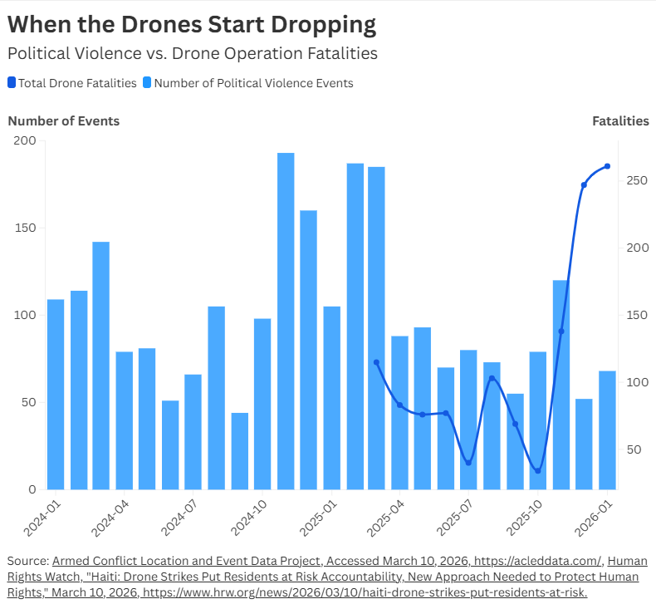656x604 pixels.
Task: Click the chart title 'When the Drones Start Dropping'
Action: [x=192, y=25]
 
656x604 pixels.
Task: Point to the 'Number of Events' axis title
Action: [x=64, y=121]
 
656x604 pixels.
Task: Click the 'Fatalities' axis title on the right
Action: [x=620, y=121]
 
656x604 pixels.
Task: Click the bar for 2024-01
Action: [x=56, y=394]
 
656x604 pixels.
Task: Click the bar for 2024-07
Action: [x=193, y=432]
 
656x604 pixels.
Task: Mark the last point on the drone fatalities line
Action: [x=607, y=166]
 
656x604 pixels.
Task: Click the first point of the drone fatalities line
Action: [x=376, y=362]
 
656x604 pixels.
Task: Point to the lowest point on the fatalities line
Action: [x=537, y=471]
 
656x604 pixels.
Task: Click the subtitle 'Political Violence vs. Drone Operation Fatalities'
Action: [x=193, y=53]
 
